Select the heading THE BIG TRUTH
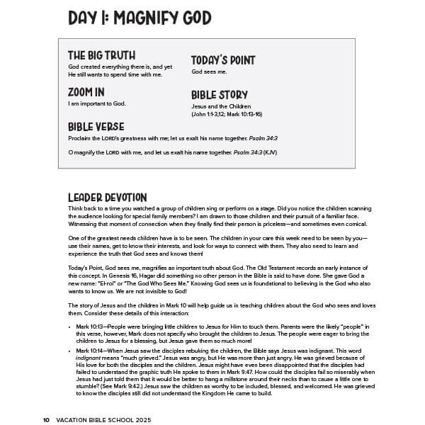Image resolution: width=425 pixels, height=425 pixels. [x=101, y=55]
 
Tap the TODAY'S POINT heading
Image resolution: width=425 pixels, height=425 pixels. [x=223, y=60]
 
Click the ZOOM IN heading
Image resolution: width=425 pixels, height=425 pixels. [x=86, y=92]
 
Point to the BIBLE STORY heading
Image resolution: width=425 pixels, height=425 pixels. [x=220, y=95]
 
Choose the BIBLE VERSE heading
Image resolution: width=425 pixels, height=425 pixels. [x=96, y=127]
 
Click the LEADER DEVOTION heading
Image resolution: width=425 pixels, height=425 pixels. [x=108, y=197]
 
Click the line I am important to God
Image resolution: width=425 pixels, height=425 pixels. [x=97, y=103]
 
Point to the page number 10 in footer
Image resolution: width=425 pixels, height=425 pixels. [x=46, y=419]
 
